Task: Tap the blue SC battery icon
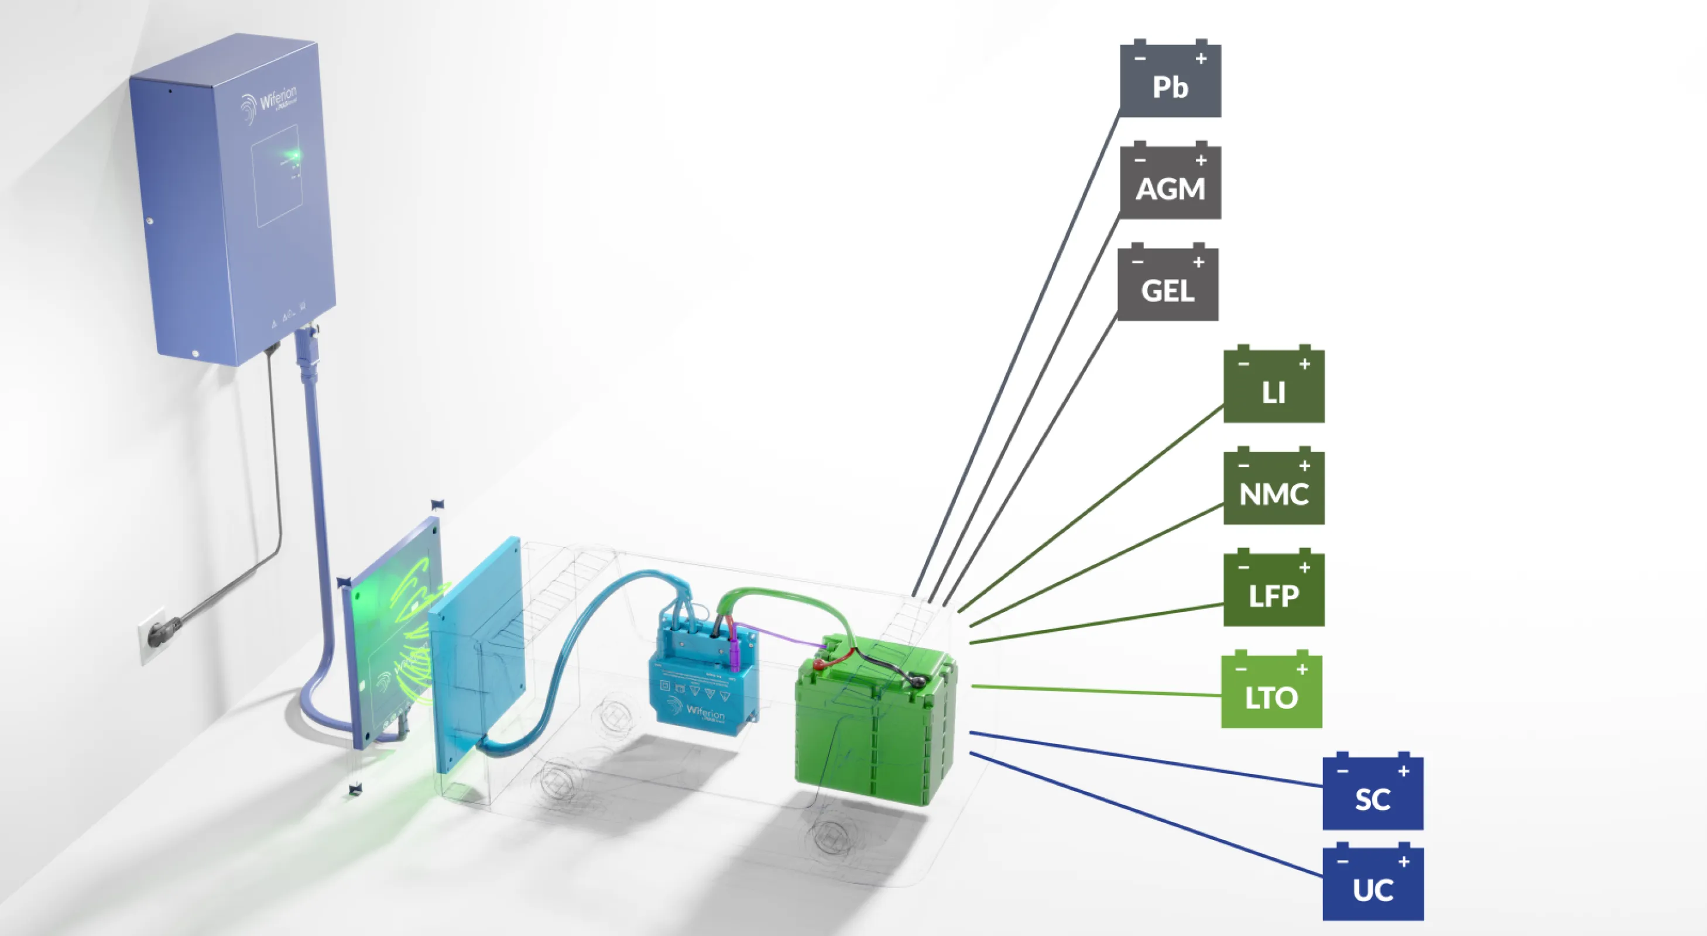pyautogui.click(x=1373, y=794)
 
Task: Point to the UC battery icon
pyautogui.click(x=1373, y=885)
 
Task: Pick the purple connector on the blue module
pyautogui.click(x=734, y=652)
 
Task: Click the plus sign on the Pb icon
pyautogui.click(x=1201, y=59)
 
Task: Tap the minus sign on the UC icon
pyautogui.click(x=1342, y=862)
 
